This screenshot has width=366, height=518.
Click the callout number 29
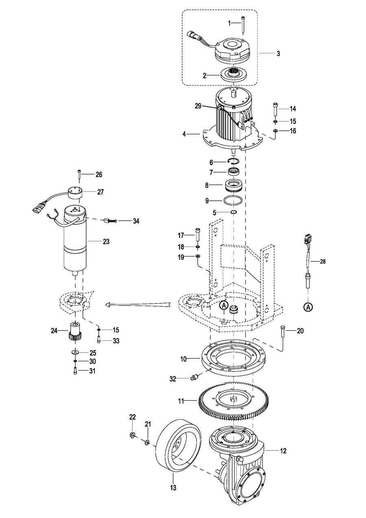coord(198,106)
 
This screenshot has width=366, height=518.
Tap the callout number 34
coord(136,221)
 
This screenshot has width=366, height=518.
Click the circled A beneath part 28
coord(308,307)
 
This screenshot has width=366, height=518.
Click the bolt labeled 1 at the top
coord(243,24)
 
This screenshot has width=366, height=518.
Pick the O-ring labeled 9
coord(233,200)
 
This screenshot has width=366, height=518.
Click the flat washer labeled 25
coord(75,352)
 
